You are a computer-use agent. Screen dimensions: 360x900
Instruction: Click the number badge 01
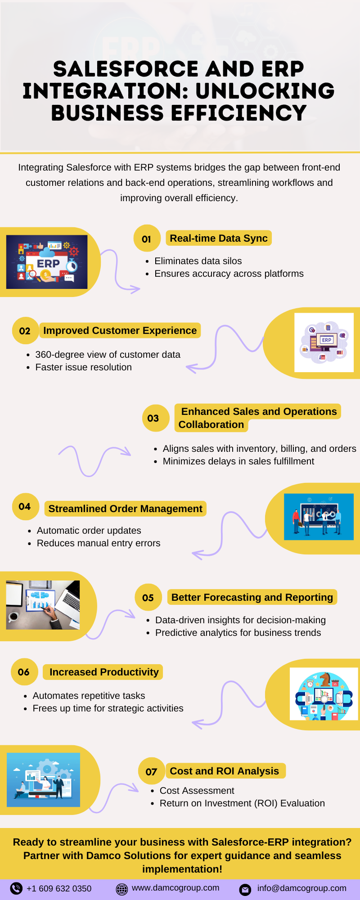tap(147, 238)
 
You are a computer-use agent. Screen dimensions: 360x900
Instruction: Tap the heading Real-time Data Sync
tap(219, 238)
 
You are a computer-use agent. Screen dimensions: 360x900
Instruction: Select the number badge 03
tap(153, 418)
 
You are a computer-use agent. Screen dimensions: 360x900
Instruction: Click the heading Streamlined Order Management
tap(125, 508)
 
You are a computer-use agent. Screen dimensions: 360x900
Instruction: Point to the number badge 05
tap(148, 598)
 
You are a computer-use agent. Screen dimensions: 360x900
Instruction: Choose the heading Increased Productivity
tap(104, 672)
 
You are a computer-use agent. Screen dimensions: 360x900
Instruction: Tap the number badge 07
tap(152, 771)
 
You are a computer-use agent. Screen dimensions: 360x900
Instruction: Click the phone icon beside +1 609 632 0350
tap(16, 888)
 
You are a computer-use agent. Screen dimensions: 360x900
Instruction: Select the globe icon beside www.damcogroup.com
tap(122, 889)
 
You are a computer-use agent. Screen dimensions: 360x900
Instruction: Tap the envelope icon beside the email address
tap(245, 889)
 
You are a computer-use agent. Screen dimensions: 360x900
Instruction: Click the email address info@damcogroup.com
tap(301, 888)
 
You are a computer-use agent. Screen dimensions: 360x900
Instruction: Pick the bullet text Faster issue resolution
tap(83, 367)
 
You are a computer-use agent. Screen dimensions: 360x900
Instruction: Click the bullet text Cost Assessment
tap(197, 791)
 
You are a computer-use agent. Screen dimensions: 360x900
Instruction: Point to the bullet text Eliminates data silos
tap(198, 261)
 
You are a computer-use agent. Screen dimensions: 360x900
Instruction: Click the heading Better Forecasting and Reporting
tap(252, 597)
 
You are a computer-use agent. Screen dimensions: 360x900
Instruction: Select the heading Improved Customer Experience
tap(120, 330)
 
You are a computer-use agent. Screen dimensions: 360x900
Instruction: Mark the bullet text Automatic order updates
tap(89, 531)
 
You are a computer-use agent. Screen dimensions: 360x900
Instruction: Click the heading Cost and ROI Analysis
tap(224, 771)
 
